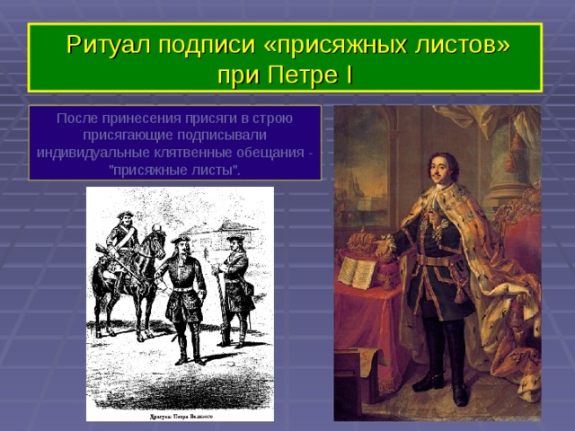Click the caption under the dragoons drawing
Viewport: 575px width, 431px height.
point(179,417)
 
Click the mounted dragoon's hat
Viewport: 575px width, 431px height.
point(125,215)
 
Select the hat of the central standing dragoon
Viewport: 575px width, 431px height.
point(182,239)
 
